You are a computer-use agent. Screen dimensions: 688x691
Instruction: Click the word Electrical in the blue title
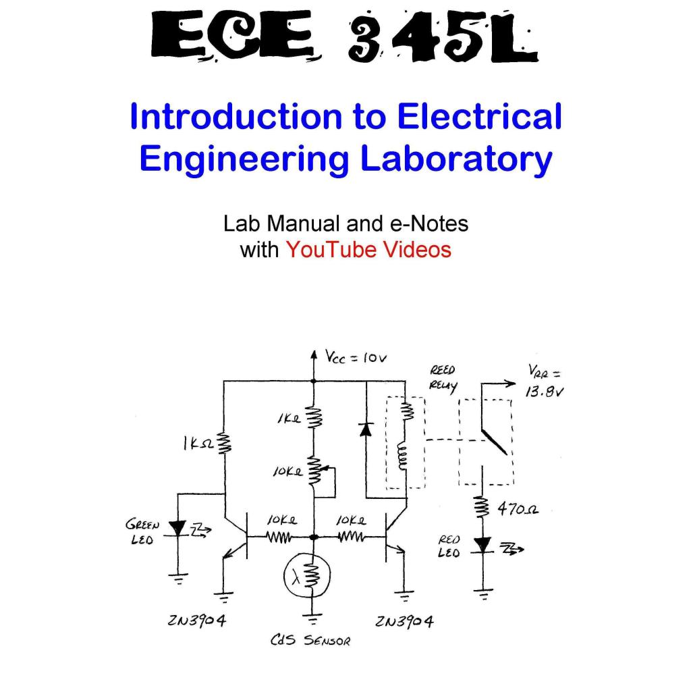pos(480,116)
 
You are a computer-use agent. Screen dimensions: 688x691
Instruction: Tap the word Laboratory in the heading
pos(456,159)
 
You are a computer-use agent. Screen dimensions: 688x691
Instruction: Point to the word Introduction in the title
pos(235,116)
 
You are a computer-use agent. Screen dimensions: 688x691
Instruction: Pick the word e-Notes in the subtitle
pos(430,223)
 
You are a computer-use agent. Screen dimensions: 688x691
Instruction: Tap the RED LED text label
pos(449,546)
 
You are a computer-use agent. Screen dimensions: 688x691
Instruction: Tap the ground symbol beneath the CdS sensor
pos(312,616)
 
